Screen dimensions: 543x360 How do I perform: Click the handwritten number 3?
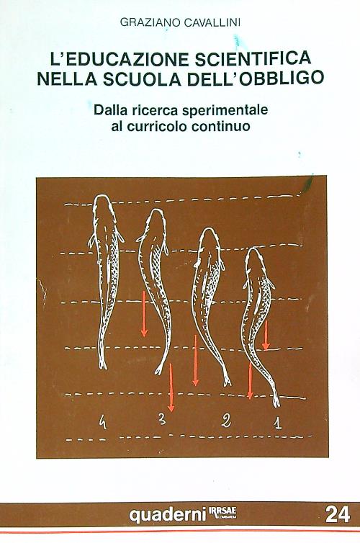163,420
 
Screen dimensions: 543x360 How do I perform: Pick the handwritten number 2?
226,422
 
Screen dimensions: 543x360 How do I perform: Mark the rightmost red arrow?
266,336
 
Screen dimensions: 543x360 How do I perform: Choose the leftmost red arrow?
144,314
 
